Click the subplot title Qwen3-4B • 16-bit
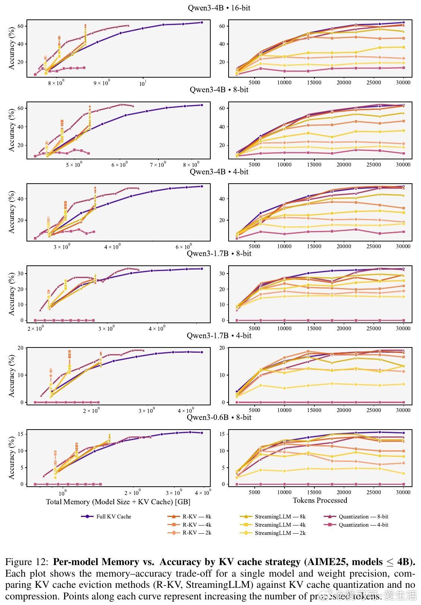tap(219, 8)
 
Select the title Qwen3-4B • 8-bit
tap(219, 90)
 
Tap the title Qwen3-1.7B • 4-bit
tap(219, 336)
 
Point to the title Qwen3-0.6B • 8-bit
tap(219, 417)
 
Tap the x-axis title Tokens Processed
tap(320, 500)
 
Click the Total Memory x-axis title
tap(118, 502)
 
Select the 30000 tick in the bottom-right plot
tap(403, 492)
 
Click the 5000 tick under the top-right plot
tap(254, 82)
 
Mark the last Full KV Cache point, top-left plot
tap(202, 22)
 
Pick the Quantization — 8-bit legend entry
tap(363, 517)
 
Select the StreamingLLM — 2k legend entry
tap(280, 533)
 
